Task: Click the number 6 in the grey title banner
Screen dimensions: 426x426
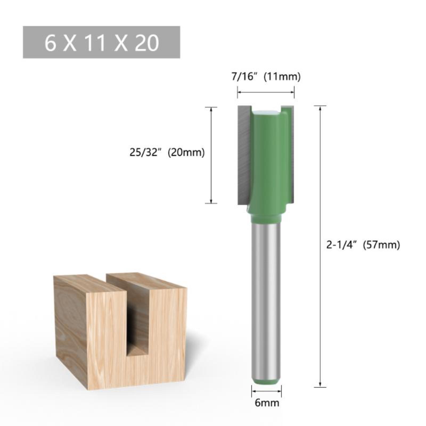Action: [x=50, y=43]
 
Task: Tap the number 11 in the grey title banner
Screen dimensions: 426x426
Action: [x=94, y=43]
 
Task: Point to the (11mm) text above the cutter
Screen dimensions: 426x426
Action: [x=282, y=77]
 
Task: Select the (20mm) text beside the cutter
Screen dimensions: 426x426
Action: [x=186, y=153]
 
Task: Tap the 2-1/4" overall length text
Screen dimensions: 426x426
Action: [x=341, y=245]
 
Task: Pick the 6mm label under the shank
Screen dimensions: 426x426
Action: [x=267, y=403]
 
